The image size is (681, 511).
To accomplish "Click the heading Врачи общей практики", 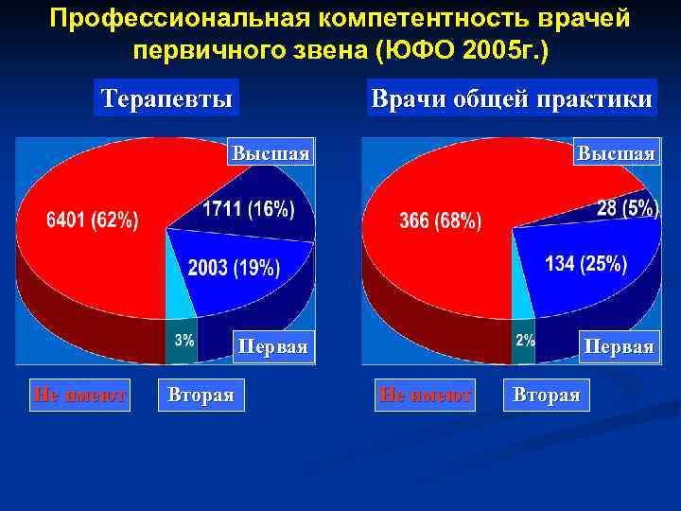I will coord(512,98).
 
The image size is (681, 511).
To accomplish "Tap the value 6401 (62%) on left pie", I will coord(93,221).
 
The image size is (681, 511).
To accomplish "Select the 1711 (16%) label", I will coord(248,209).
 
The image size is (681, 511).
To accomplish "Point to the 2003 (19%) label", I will coord(234,268).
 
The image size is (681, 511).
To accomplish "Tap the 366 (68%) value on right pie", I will coord(440,221).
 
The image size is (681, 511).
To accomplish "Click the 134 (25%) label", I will coord(586,264).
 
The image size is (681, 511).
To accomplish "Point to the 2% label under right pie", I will coord(525,340).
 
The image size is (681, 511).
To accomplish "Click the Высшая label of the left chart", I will coord(271,153).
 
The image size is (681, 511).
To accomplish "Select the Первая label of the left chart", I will coord(272,346).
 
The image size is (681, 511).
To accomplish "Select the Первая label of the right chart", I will coord(619,346).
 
